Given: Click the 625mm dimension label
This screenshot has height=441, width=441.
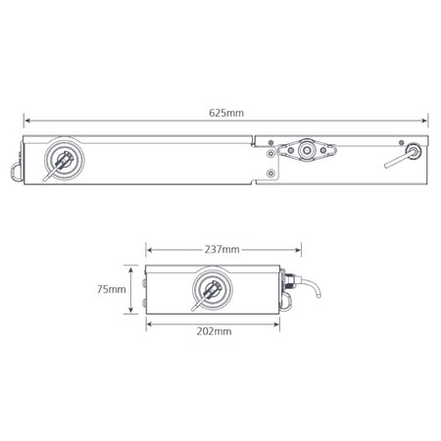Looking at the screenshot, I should click(227, 114).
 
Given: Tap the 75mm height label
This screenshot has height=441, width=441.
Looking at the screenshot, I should click(112, 289).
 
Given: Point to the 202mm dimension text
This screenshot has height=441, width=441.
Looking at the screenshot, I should click(215, 331).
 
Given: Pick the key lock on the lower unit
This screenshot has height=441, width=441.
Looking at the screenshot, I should click(209, 289).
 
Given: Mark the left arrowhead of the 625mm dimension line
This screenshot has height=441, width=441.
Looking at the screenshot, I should click(25, 120).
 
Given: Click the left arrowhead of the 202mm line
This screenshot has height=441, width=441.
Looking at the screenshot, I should click(147, 322).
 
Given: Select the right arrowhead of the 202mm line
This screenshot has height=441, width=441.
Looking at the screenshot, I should click(280, 322).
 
